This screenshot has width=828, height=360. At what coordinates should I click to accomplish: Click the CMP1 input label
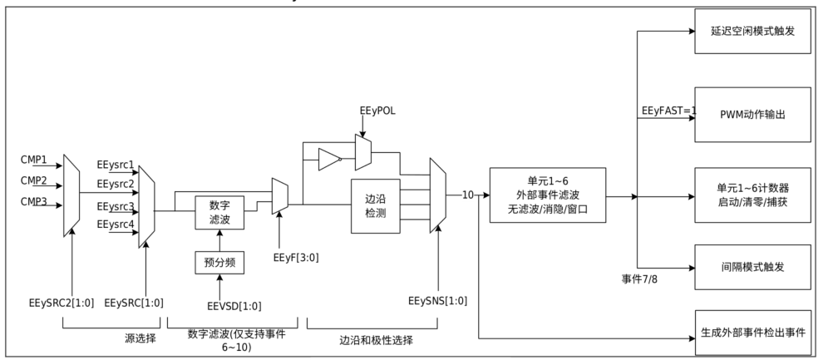coord(34,160)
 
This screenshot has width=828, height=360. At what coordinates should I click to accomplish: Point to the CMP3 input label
coord(34,202)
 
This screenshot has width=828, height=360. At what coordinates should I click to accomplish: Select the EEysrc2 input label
coord(116,185)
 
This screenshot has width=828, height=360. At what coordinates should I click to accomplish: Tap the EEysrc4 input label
coord(116,224)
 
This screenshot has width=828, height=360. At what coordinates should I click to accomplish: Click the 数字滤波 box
coord(219,213)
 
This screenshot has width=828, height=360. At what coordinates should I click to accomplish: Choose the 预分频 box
coord(219,262)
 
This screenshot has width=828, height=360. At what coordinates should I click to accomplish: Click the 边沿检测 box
coord(376,206)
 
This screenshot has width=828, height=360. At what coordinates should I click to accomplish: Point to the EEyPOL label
coord(377,111)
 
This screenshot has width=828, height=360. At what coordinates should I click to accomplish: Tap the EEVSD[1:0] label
coord(234,306)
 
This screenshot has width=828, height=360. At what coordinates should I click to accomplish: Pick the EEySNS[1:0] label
coord(438,302)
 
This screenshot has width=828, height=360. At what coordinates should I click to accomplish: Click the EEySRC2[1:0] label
coord(62,303)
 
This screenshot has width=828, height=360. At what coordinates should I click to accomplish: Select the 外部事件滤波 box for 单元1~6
coord(548,195)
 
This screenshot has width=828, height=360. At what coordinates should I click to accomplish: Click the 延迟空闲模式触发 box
coord(752,31)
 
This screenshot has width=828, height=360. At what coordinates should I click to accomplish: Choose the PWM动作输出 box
coord(752,115)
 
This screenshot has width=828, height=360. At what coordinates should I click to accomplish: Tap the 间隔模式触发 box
coord(752,267)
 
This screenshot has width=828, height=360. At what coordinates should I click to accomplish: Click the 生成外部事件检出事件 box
coord(752,333)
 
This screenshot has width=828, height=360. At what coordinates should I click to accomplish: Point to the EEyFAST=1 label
coord(669,111)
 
